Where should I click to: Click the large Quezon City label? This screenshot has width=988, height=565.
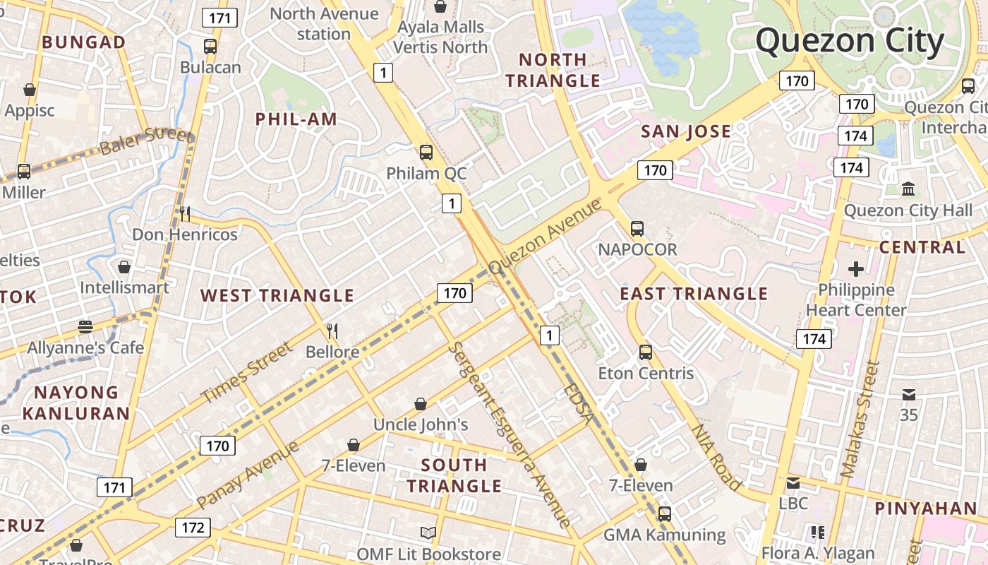click(850, 41)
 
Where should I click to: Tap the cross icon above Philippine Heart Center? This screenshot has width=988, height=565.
click(856, 269)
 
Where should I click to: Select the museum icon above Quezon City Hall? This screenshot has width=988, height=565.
click(908, 189)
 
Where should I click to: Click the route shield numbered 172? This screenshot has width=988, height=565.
click(193, 528)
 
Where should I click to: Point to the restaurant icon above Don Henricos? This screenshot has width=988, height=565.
click(184, 213)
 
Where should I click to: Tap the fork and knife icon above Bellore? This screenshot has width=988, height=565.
click(332, 331)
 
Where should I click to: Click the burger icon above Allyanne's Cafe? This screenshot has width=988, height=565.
click(85, 327)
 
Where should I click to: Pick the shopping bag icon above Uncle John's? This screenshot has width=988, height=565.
click(421, 404)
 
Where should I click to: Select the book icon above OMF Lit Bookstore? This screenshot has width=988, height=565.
click(428, 533)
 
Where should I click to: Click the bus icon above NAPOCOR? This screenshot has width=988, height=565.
click(637, 229)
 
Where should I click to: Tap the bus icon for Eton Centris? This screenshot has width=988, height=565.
click(646, 352)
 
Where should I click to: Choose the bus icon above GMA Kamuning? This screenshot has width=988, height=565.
click(664, 514)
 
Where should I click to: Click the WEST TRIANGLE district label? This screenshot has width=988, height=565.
click(277, 295)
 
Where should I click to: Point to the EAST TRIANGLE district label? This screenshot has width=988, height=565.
click(694, 294)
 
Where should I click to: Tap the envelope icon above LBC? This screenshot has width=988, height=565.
click(793, 483)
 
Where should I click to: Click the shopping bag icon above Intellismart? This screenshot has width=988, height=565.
click(124, 267)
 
